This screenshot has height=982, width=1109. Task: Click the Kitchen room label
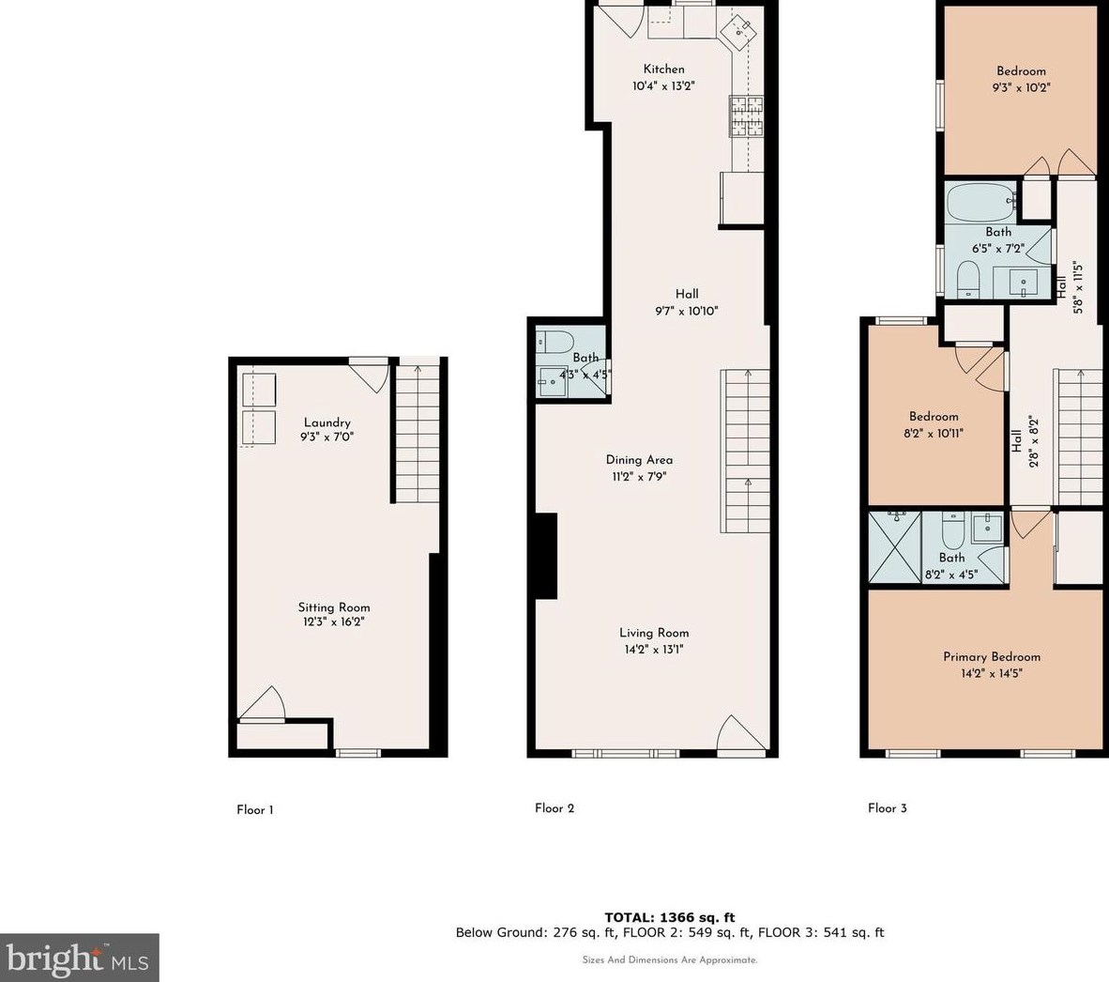click(663, 69)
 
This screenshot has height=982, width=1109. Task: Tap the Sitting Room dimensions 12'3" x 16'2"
click(334, 621)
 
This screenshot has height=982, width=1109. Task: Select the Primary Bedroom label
click(992, 656)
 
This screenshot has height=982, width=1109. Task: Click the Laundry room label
click(327, 422)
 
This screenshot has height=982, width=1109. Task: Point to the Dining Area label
click(639, 460)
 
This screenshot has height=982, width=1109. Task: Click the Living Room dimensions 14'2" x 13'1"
click(654, 650)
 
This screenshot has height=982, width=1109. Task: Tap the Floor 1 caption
click(254, 810)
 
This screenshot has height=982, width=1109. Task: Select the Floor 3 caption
click(887, 808)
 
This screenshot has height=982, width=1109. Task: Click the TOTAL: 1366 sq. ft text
click(670, 917)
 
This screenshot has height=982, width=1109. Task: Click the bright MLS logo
click(79, 958)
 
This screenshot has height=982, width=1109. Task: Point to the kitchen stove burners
click(747, 116)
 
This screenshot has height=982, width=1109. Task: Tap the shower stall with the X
click(895, 547)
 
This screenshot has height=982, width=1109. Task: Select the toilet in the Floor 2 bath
click(554, 343)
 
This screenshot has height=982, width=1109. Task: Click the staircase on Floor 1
click(418, 433)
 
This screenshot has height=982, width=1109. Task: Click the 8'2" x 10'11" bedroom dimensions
click(934, 434)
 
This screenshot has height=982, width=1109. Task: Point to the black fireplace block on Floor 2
click(546, 556)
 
